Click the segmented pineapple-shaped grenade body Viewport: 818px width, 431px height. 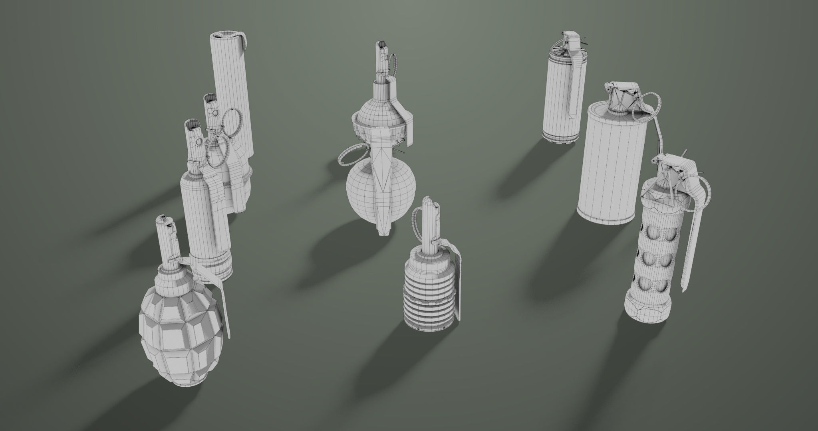180,331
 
